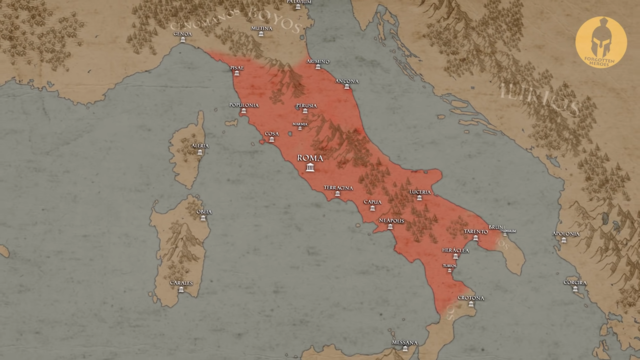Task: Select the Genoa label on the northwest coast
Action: (183, 33)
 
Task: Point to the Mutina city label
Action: (260, 27)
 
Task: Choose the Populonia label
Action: (243, 105)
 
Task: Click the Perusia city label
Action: (306, 104)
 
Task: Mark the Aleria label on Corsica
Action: (201, 146)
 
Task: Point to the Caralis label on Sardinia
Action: (182, 282)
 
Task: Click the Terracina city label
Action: (338, 187)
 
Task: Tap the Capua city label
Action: (372, 201)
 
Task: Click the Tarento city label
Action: (475, 231)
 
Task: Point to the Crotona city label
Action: (470, 297)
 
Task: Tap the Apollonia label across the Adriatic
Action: (565, 235)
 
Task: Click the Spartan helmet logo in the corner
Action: (601, 42)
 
